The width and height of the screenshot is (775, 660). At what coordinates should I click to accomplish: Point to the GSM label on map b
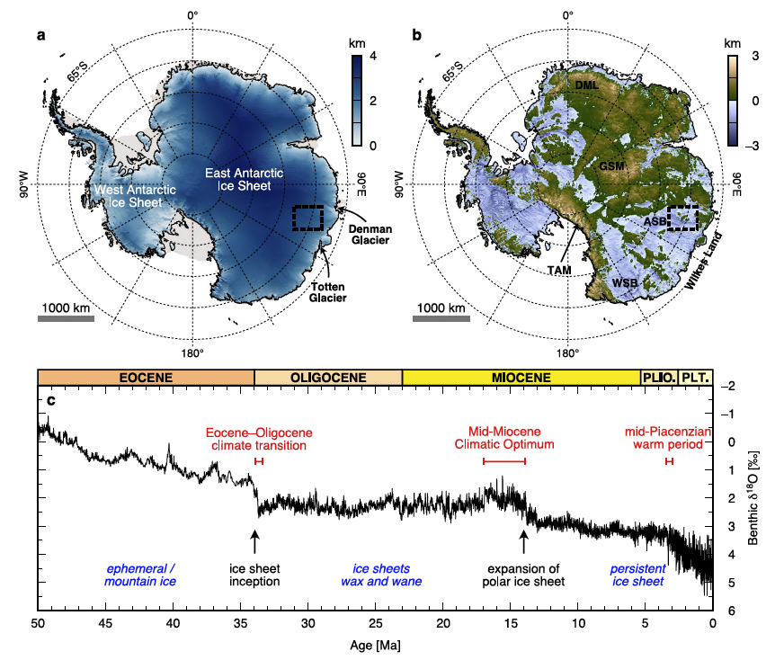click(611, 167)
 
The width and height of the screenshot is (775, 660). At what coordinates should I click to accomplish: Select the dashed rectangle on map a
click(308, 218)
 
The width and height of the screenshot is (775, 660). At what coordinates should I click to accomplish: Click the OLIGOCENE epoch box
click(328, 377)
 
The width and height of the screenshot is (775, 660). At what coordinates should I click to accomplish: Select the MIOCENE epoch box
click(521, 377)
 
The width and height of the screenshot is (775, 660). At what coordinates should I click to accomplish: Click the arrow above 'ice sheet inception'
click(254, 541)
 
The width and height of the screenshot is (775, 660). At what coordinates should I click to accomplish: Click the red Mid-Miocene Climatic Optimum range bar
click(504, 461)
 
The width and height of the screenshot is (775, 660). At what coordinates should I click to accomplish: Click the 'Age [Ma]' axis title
click(375, 646)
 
